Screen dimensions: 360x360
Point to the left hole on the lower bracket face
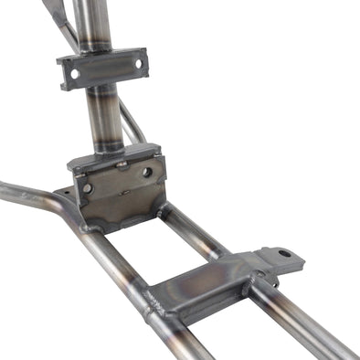tap(88, 187)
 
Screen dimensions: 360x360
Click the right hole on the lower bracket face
tap(146, 171)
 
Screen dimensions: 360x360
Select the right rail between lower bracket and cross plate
tap(196, 233)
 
